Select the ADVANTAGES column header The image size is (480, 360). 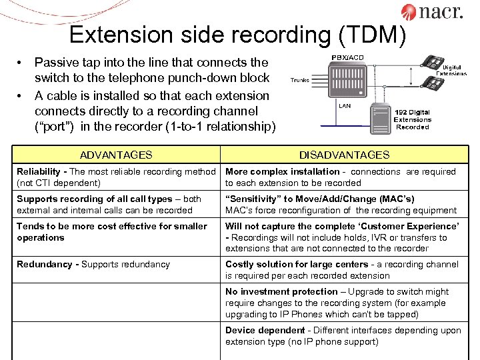[116, 155]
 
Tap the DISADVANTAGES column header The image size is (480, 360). [344, 155]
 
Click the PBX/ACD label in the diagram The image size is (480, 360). [348, 57]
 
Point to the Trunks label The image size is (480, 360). [299, 80]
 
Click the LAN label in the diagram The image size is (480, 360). [345, 106]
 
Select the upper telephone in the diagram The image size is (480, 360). [434, 63]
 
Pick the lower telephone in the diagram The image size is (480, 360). [434, 83]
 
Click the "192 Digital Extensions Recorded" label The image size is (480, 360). [413, 119]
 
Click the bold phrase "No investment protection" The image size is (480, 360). [281, 292]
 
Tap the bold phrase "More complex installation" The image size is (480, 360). [282, 172]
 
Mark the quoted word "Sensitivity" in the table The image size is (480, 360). [257, 199]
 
